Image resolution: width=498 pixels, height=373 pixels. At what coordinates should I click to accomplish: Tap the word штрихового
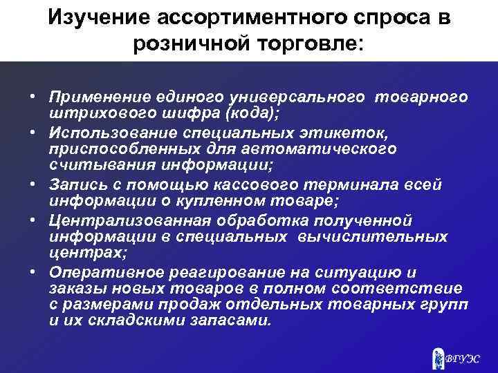(93, 113)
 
